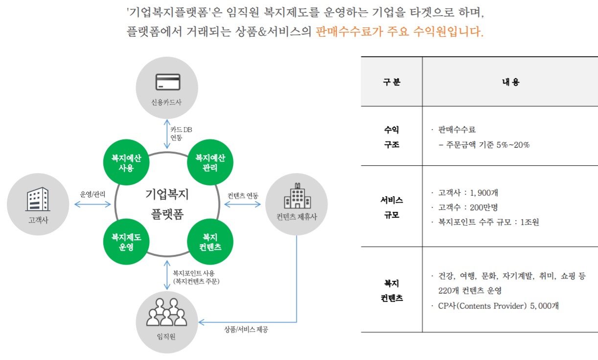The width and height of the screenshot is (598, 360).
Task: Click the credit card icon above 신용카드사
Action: (167, 81)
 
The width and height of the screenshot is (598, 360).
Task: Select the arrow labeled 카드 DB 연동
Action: (167, 133)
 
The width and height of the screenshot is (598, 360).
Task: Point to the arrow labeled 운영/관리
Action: (92, 204)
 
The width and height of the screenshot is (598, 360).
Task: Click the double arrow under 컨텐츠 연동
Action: (242, 204)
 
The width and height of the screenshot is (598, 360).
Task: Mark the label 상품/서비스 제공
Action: (246, 329)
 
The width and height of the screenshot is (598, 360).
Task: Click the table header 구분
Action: (391, 82)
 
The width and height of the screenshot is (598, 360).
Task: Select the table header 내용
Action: (510, 82)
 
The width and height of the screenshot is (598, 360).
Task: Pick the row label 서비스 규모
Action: (391, 207)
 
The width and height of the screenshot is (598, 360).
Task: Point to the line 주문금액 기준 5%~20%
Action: (484, 145)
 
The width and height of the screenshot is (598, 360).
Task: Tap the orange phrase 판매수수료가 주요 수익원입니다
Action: (399, 32)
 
